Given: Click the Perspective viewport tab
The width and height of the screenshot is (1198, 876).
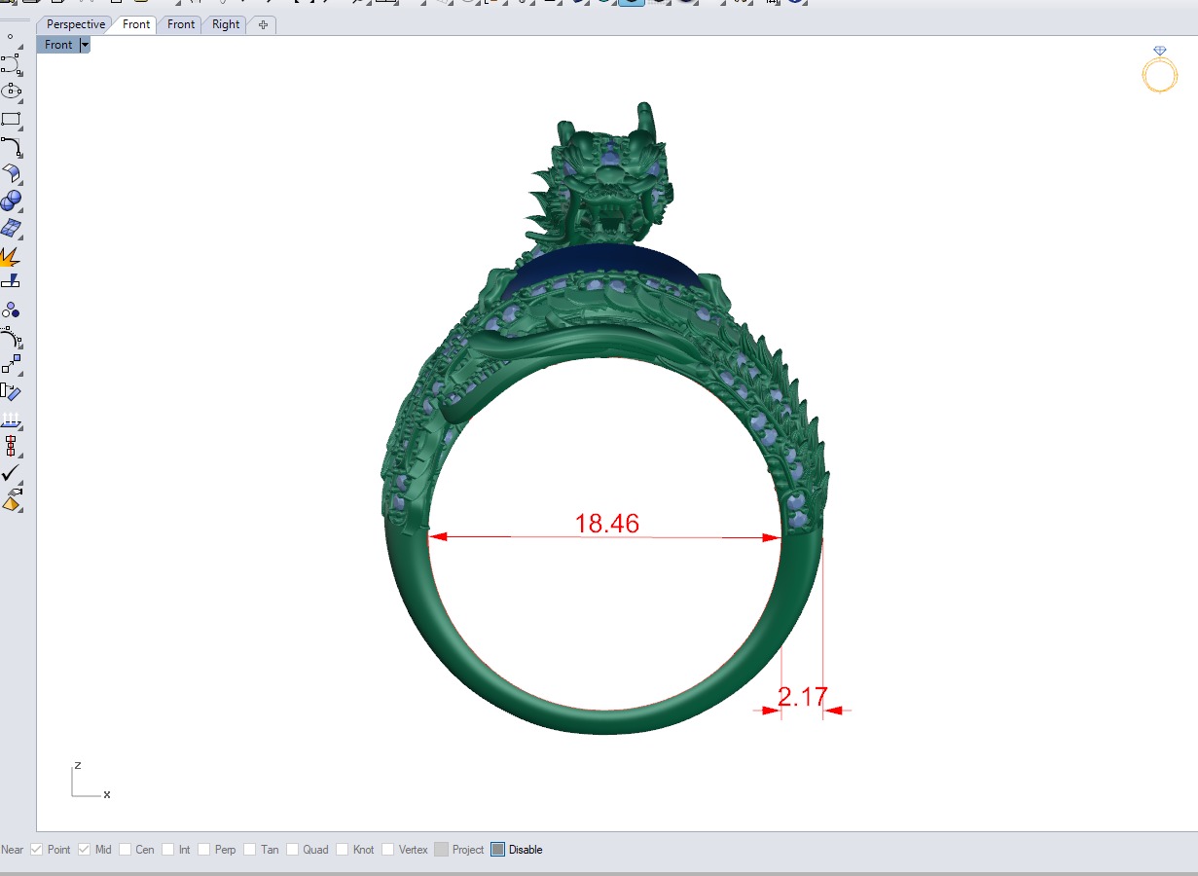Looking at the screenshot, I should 75,24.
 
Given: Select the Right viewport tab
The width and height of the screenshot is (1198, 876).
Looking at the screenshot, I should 226,24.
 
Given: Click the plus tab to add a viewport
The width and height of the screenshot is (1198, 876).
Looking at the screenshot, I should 263,24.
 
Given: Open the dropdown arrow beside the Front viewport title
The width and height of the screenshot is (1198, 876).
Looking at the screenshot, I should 85,45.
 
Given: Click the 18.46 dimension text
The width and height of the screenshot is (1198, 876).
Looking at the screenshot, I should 606,524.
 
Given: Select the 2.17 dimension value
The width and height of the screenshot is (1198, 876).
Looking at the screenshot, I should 802,697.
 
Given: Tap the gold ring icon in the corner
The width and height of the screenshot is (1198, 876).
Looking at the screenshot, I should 1159,70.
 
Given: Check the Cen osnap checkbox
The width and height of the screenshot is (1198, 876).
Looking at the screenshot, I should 126,850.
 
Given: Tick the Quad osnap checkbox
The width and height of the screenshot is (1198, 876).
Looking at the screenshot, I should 293,850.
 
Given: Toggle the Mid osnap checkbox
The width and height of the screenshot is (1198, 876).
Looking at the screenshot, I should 85,850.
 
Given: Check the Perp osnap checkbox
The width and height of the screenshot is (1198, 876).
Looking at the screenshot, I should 204,850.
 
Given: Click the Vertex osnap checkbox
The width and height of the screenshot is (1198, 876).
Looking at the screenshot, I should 388,850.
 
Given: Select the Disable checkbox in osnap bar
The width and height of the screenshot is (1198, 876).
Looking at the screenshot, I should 498,850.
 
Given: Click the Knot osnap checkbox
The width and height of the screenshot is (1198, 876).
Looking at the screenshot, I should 343,850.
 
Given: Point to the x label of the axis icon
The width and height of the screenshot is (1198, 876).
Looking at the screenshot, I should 107,794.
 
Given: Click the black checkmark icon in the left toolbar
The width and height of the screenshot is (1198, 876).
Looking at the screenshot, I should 11,473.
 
